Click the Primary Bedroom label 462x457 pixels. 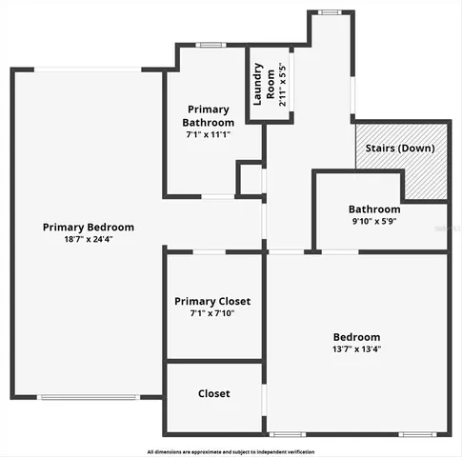(88, 228)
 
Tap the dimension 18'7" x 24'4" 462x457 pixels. (88, 240)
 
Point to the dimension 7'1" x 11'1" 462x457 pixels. (209, 134)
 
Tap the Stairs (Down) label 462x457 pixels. (396, 149)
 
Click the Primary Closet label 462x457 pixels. (212, 301)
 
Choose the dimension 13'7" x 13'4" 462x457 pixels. (356, 349)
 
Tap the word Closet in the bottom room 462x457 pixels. (213, 393)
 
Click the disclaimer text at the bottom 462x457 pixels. (231, 451)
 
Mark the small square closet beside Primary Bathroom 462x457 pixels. (250, 179)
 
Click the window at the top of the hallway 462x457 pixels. (330, 12)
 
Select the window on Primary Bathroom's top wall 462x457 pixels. (210, 45)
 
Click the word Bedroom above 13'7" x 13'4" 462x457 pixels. (356, 337)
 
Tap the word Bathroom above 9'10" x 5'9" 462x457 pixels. (373, 209)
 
